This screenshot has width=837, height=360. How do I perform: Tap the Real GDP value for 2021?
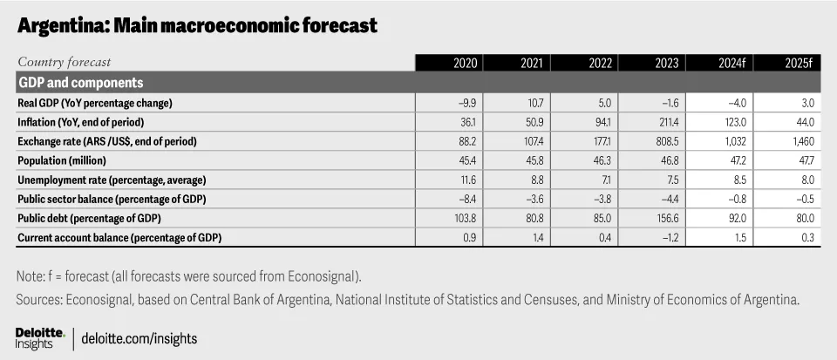[535, 104]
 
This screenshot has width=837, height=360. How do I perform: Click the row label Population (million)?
[62, 160]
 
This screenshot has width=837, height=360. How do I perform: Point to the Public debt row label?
[89, 218]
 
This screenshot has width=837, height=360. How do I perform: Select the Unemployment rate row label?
[112, 180]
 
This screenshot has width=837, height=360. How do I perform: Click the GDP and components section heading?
[80, 83]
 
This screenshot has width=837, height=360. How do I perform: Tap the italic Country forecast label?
[64, 63]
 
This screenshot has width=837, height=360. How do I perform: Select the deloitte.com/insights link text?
[139, 339]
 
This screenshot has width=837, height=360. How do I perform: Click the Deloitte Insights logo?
[41, 339]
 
